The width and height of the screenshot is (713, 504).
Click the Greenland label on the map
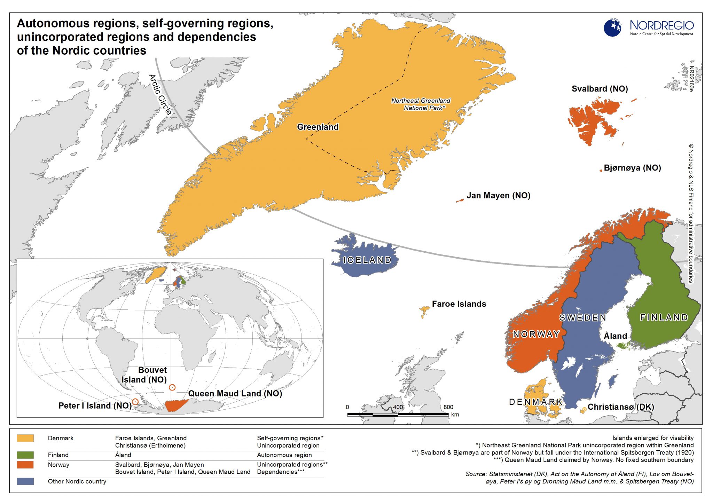318,127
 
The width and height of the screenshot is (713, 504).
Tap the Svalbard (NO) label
600,89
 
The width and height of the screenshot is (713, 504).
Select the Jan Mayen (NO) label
498,196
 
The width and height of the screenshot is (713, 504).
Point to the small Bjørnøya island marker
601,171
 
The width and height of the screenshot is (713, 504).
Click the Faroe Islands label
459,304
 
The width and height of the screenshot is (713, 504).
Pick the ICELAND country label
367,260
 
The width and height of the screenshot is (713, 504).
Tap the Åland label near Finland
615,336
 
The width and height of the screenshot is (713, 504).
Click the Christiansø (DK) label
620,407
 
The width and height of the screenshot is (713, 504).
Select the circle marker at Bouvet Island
172,387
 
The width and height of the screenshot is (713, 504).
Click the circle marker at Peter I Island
135,402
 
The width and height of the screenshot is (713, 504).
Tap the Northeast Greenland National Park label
421,104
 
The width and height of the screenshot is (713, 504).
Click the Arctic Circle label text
160,94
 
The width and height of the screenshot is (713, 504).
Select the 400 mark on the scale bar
398,407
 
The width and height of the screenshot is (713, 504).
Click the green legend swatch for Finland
25,455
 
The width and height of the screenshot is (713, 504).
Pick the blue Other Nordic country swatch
25,481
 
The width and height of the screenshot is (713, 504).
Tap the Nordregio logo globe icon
613,27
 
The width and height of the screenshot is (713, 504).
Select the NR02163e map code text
691,79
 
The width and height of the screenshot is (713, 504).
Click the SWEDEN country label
583,317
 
